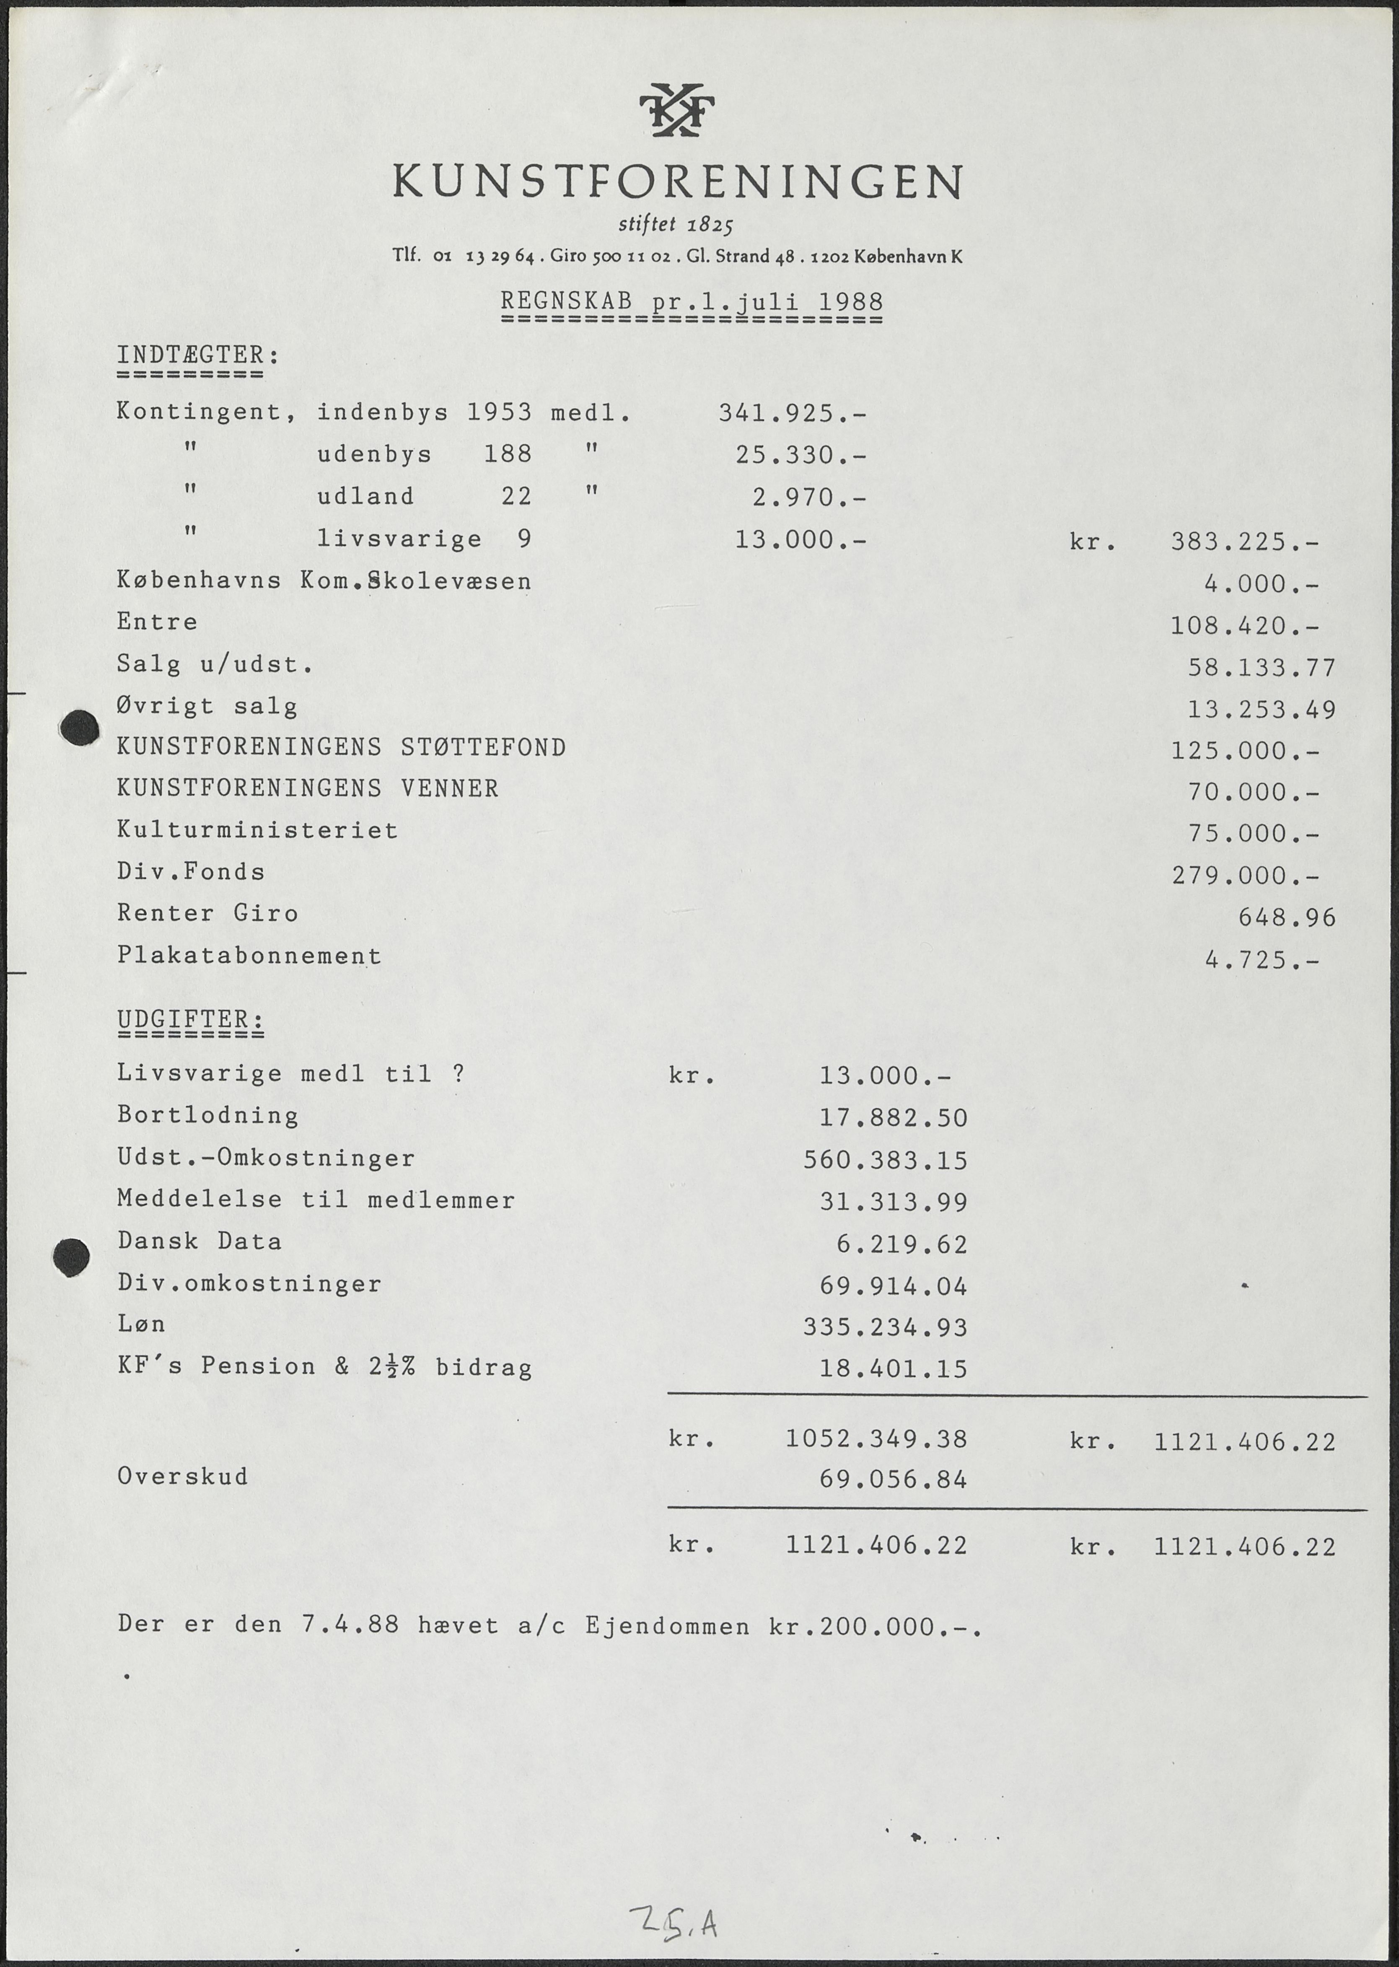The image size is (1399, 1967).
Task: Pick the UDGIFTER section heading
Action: [x=190, y=1019]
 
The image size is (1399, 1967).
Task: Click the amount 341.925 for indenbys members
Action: [x=791, y=414]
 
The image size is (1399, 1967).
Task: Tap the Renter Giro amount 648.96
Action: [x=1286, y=917]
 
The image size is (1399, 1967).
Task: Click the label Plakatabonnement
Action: [x=249, y=956]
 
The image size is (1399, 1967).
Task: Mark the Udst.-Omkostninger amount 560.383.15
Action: [x=885, y=1161]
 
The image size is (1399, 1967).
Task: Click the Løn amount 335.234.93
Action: [x=885, y=1328]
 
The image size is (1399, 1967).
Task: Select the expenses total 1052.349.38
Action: [x=876, y=1439]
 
